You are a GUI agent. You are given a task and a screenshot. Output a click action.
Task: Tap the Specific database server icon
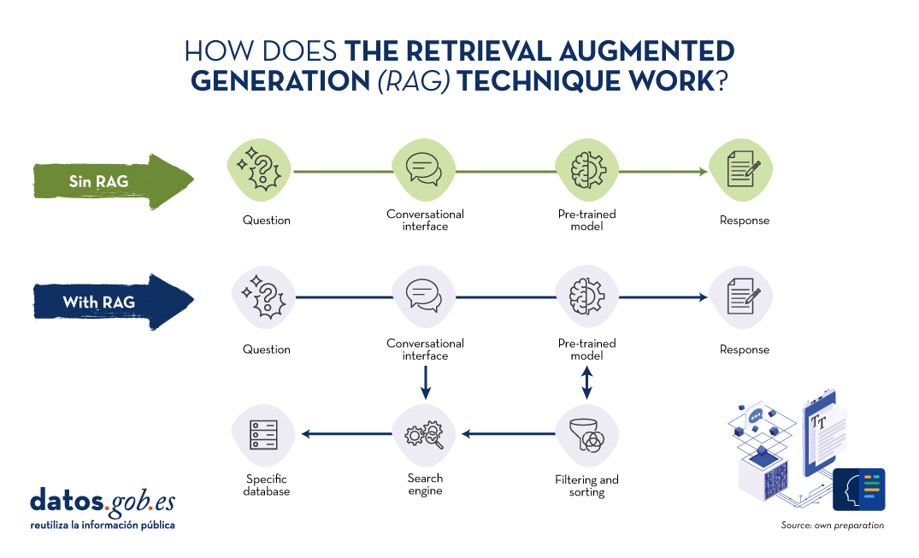pyautogui.click(x=263, y=435)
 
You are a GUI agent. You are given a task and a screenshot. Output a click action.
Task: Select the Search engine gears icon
pyautogui.click(x=424, y=435)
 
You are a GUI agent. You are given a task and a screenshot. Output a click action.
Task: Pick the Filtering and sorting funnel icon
pyautogui.click(x=586, y=436)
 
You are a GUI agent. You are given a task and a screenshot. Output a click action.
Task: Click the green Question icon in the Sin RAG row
pyautogui.click(x=260, y=170)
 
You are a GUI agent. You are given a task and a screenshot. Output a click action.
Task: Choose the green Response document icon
pyautogui.click(x=741, y=170)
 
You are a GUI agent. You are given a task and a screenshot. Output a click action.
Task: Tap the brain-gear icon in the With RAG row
pyautogui.click(x=586, y=297)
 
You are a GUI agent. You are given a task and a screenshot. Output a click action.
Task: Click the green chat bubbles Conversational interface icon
pyautogui.click(x=424, y=170)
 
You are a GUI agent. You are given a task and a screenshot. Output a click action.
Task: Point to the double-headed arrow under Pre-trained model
pyautogui.click(x=586, y=383)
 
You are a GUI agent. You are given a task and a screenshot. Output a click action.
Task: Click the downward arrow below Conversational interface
pyautogui.click(x=426, y=383)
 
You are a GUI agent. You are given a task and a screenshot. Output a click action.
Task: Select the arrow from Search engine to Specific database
pyautogui.click(x=346, y=434)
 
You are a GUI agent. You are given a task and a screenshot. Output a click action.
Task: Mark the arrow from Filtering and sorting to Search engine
pyautogui.click(x=508, y=434)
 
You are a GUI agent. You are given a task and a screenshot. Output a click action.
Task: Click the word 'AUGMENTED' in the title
pyautogui.click(x=646, y=51)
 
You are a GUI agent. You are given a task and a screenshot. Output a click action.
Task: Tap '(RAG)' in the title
pyautogui.click(x=414, y=81)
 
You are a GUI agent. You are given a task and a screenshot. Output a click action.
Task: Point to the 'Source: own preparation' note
pyautogui.click(x=833, y=526)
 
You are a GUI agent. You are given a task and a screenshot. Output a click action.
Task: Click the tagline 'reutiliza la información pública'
pyautogui.click(x=103, y=526)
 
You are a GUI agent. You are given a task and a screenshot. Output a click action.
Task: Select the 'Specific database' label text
pyautogui.click(x=267, y=485)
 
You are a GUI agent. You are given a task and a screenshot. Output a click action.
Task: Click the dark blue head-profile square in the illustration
pyautogui.click(x=858, y=490)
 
